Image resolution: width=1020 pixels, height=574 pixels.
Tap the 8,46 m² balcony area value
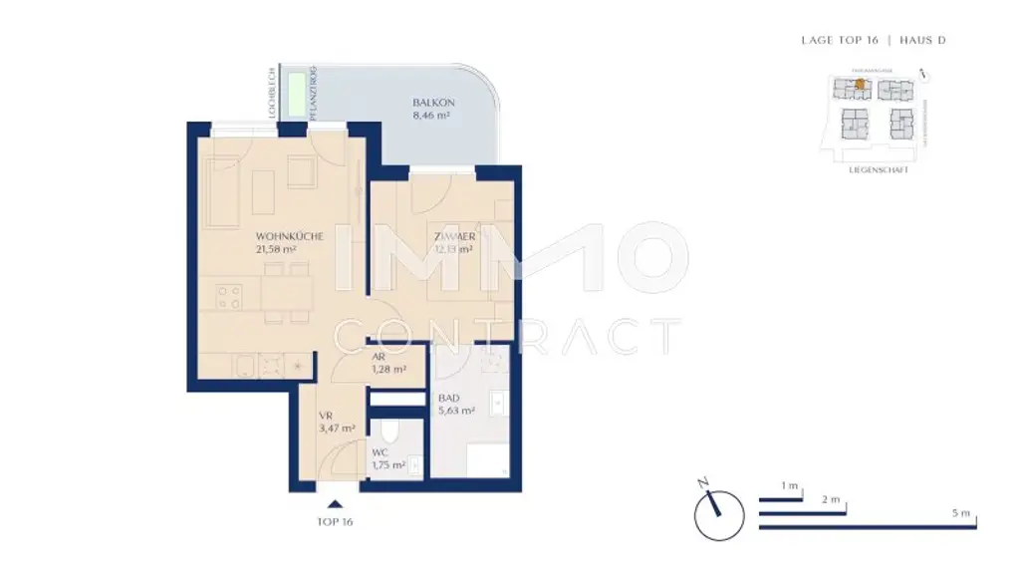click(x=430, y=116)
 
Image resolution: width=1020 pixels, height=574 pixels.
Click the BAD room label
click(x=448, y=398)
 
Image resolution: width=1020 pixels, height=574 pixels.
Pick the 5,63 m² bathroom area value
click(x=455, y=410)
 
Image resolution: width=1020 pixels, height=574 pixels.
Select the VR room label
click(x=325, y=417)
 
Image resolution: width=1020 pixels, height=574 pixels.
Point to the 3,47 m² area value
click(x=336, y=429)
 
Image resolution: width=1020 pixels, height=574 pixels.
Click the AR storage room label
click(x=379, y=357)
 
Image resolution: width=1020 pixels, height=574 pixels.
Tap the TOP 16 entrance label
click(x=335, y=521)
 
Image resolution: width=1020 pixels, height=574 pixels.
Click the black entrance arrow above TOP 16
click(x=335, y=505)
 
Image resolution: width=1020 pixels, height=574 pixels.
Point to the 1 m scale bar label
click(x=790, y=485)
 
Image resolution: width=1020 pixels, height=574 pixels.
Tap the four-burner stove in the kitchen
click(x=229, y=297)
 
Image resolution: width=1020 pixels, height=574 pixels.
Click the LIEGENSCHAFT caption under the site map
click(x=873, y=170)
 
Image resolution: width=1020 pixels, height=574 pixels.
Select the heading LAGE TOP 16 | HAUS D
click(x=874, y=41)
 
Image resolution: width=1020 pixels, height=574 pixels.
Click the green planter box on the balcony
click(x=298, y=96)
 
